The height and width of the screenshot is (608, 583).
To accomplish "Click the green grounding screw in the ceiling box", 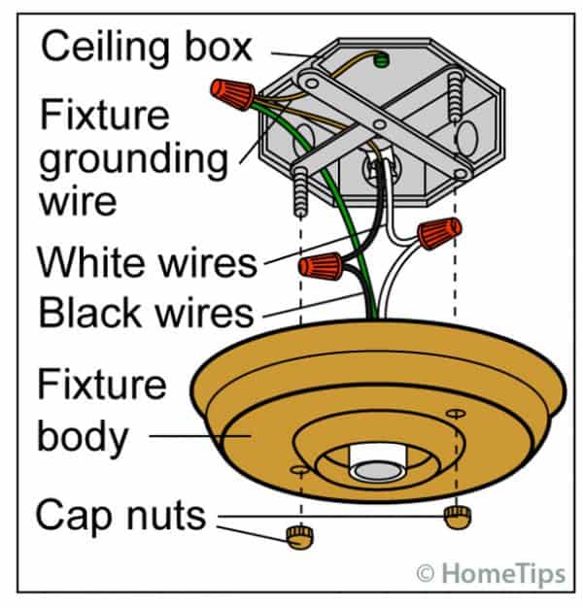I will [x=381, y=60].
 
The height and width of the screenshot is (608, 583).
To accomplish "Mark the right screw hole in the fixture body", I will [x=454, y=415].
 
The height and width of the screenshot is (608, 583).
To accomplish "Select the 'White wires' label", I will [x=146, y=262].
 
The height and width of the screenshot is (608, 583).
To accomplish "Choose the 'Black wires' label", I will [x=145, y=312].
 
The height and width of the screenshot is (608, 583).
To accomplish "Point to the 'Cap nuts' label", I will [x=120, y=515].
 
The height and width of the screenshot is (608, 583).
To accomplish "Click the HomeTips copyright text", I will [x=491, y=574].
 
